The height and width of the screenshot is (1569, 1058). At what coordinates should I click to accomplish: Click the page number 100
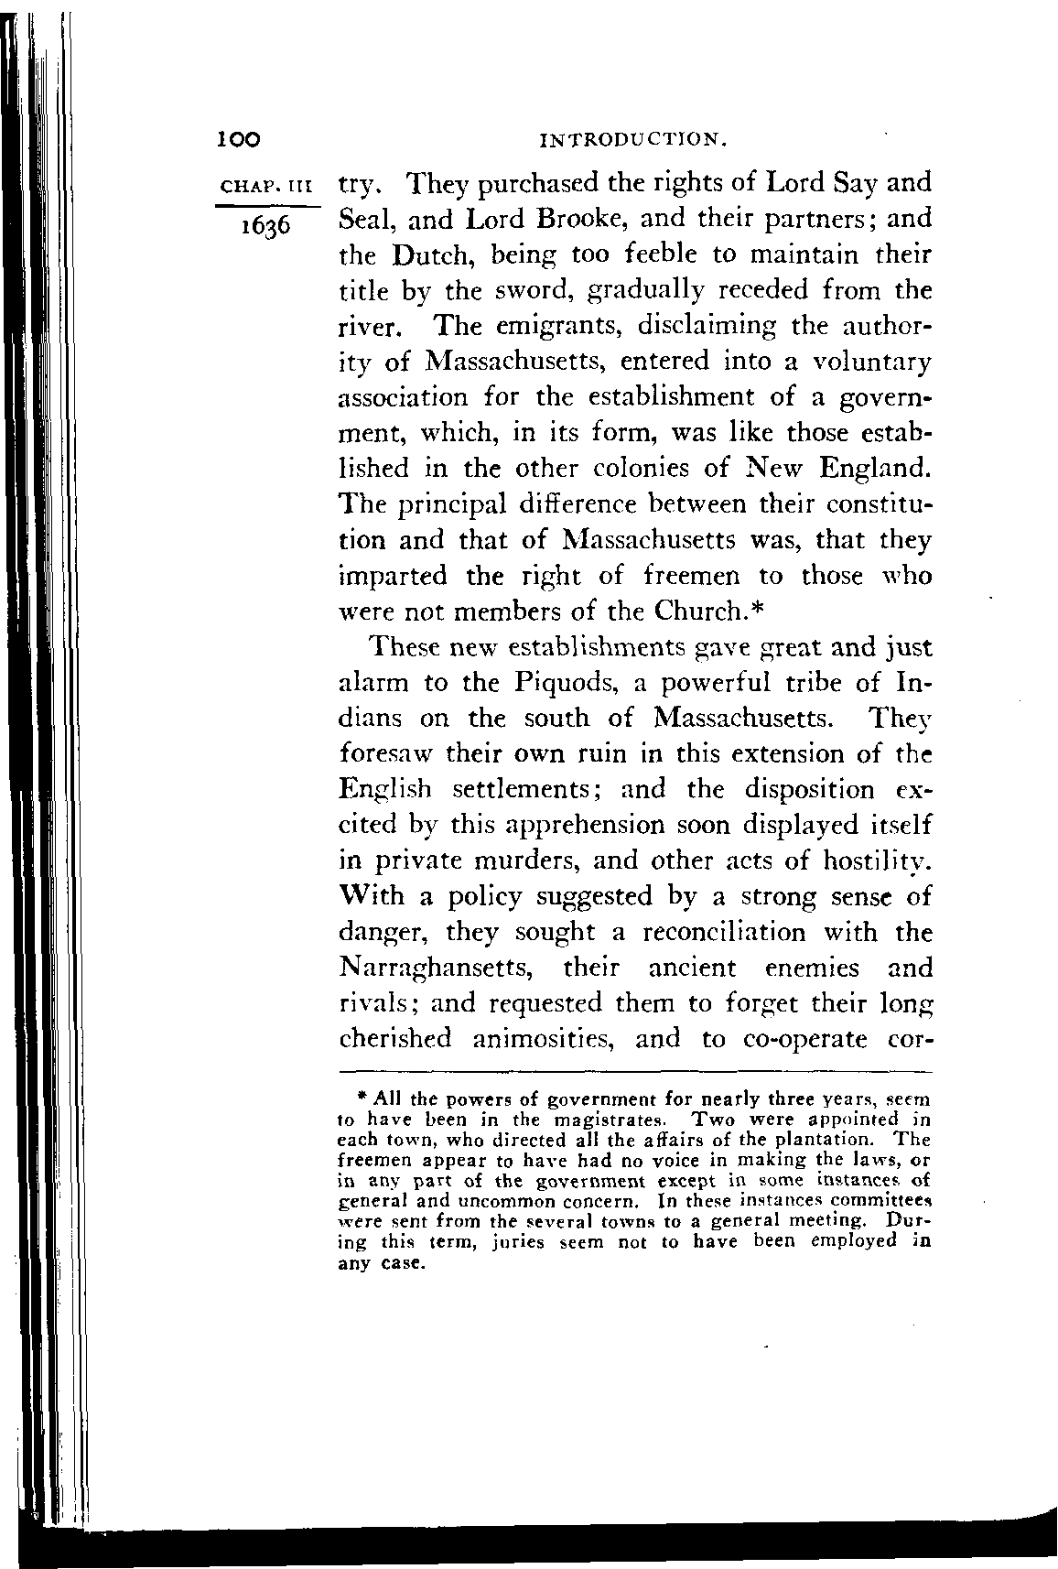239,139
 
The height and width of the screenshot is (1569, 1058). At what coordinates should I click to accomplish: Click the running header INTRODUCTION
634,141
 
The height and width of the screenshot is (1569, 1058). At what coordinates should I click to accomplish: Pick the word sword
528,290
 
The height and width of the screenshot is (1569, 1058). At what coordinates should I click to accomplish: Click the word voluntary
871,362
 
